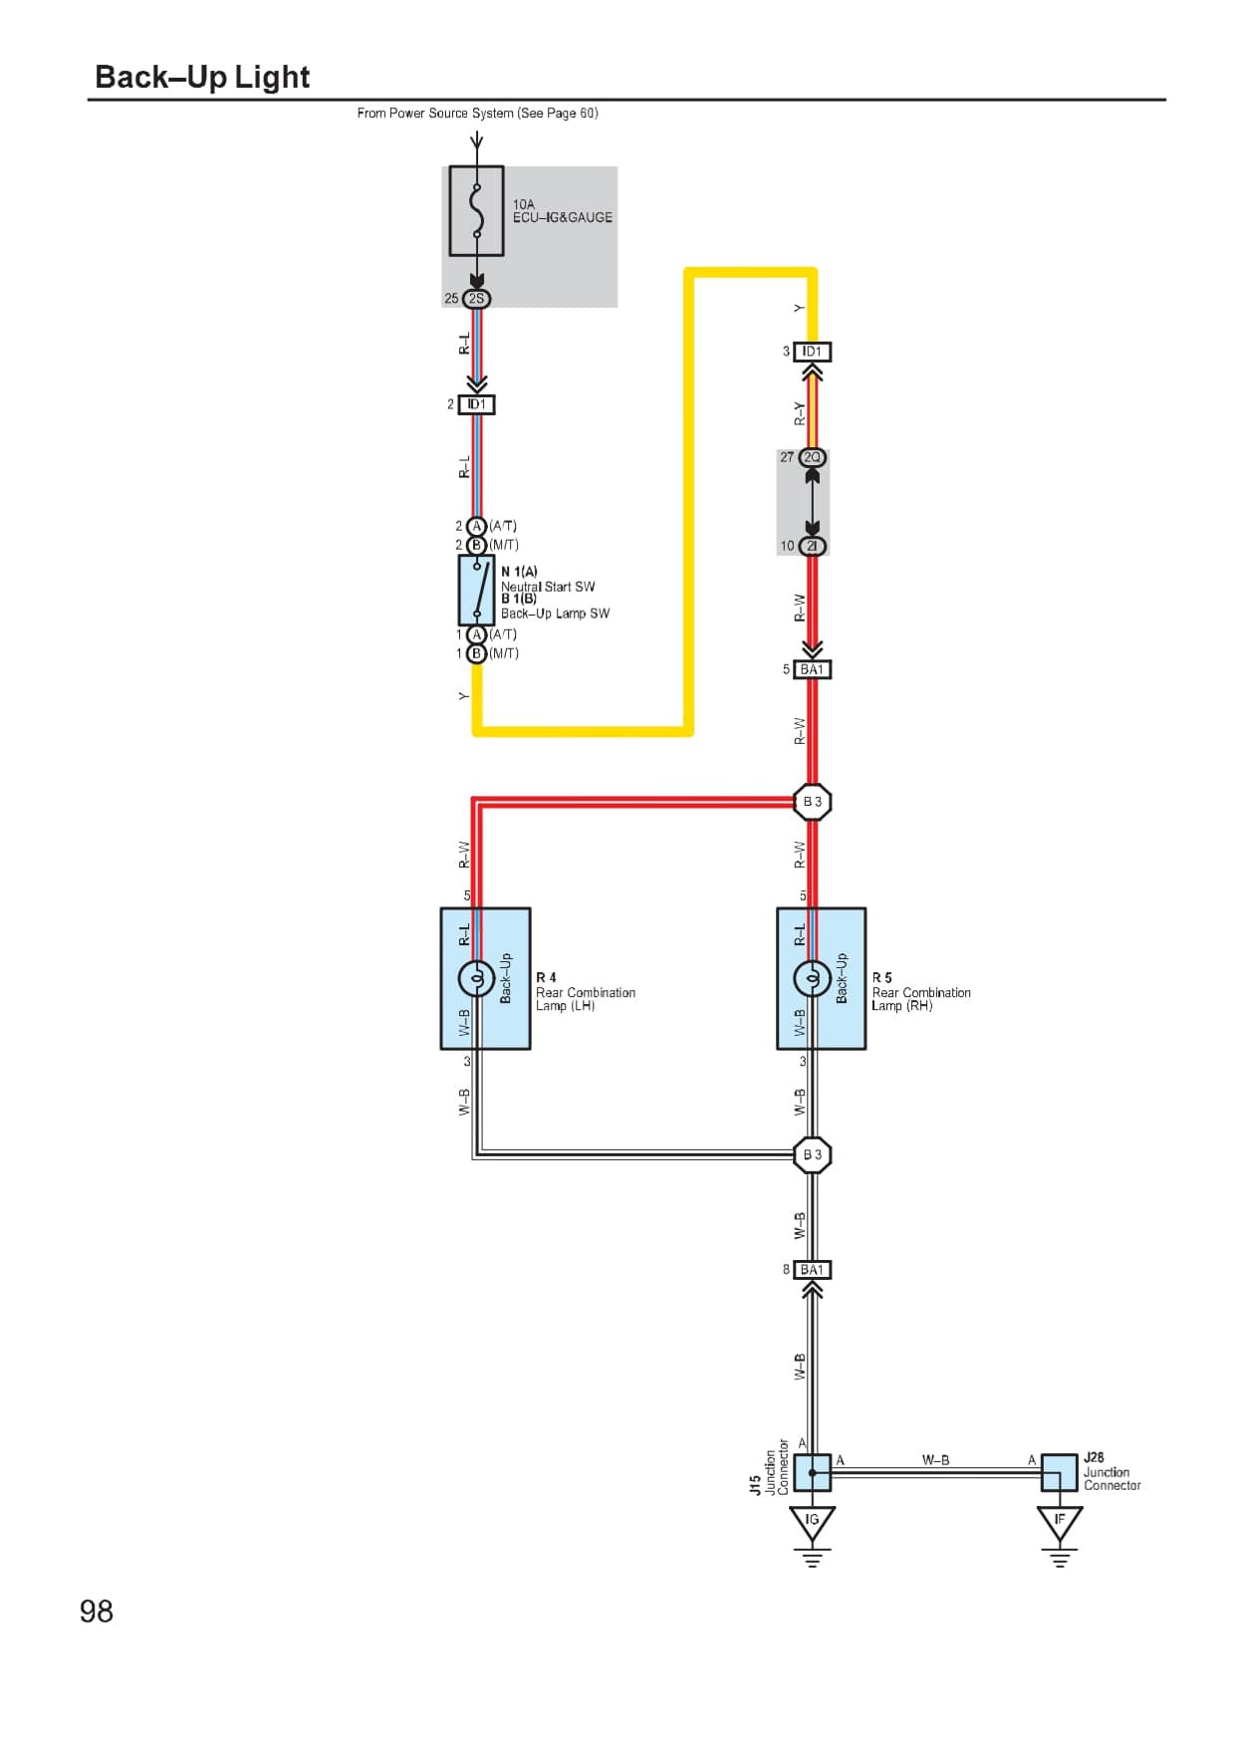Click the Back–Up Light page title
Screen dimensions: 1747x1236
[202, 77]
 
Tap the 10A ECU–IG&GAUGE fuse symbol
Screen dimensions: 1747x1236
[476, 211]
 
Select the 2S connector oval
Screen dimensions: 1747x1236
[476, 298]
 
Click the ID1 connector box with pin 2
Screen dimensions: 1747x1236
[476, 404]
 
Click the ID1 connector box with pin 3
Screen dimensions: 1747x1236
[812, 352]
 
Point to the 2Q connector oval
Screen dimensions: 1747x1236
[812, 457]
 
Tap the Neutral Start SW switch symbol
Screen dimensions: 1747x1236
[476, 590]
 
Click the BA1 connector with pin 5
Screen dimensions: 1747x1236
[812, 669]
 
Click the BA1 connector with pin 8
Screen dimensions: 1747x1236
[812, 1270]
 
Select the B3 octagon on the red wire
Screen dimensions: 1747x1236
[812, 801]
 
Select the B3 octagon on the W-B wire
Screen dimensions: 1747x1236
[812, 1154]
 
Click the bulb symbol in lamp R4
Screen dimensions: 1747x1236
[476, 979]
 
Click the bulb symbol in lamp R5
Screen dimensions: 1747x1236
[812, 979]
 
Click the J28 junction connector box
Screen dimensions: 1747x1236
[1059, 1472]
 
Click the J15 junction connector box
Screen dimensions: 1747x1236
[812, 1472]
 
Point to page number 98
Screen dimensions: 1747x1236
[97, 1612]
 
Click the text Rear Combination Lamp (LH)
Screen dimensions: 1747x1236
[585, 999]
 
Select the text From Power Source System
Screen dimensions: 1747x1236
[435, 114]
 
